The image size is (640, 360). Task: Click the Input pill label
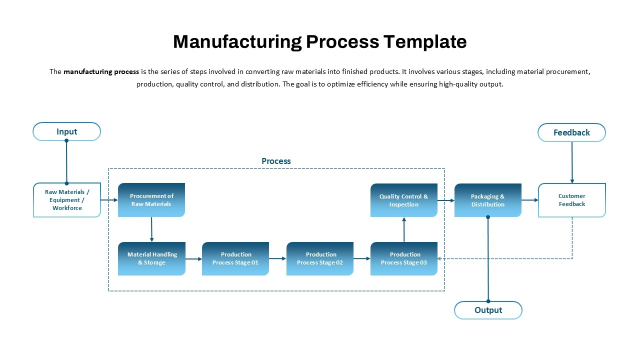[66, 131]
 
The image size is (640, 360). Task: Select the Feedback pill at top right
[571, 132]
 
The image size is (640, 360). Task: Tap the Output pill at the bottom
[488, 310]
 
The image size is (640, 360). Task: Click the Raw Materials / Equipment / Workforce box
[67, 200]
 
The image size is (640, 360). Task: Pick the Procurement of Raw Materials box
[151, 200]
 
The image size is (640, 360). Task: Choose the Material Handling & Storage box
[151, 258]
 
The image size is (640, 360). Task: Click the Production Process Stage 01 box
[235, 258]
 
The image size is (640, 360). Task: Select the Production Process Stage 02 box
[320, 258]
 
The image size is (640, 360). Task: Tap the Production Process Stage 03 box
[404, 258]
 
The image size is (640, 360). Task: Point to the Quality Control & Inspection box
[404, 200]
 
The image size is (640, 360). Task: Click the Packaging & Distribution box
[488, 200]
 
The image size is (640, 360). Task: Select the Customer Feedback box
[571, 200]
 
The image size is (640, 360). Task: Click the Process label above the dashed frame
[276, 161]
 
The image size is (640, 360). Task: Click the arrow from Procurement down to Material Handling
[151, 229]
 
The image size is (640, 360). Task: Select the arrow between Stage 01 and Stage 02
[277, 258]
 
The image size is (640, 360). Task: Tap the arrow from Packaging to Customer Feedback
[529, 200]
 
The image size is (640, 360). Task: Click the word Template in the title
[425, 41]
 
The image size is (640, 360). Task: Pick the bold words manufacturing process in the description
[101, 71]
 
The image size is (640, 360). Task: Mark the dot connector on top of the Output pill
[488, 301]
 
